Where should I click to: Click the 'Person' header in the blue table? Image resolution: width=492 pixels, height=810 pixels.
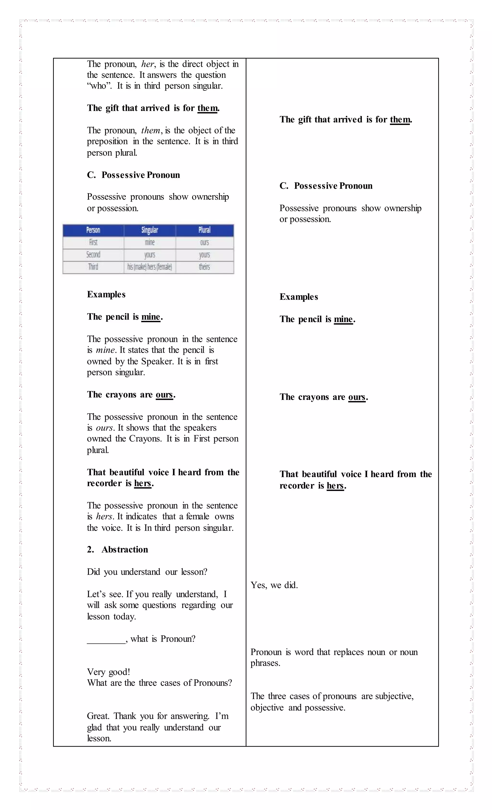point(93,230)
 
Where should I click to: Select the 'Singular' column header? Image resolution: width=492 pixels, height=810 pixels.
point(150,230)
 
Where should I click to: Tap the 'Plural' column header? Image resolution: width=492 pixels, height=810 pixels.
point(204,230)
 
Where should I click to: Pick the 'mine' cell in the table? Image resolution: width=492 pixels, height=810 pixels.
point(150,242)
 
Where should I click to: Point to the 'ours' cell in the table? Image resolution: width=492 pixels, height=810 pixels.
point(204,242)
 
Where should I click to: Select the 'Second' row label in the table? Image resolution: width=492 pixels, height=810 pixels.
point(93,255)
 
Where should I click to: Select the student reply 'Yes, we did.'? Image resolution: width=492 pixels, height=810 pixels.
point(274,585)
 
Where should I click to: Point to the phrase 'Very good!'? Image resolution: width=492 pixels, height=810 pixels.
point(109,672)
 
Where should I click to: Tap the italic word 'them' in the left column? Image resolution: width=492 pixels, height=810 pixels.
point(151,130)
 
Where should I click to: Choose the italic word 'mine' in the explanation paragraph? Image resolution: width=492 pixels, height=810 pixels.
point(105,350)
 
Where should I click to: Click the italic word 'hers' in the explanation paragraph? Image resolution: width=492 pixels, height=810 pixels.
point(104,517)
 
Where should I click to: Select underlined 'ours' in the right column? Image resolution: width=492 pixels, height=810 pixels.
point(357,397)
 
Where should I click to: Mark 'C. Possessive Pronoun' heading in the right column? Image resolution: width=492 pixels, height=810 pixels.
point(326,186)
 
